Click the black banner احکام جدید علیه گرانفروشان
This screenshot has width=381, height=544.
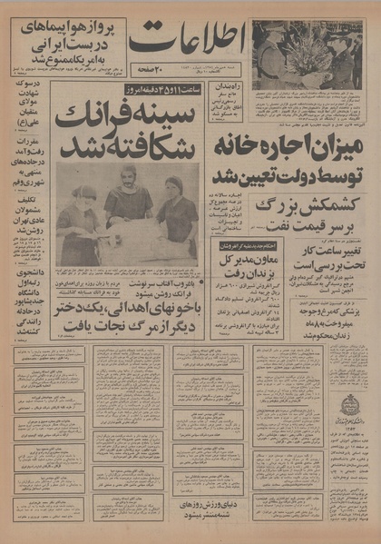pos(235,245)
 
